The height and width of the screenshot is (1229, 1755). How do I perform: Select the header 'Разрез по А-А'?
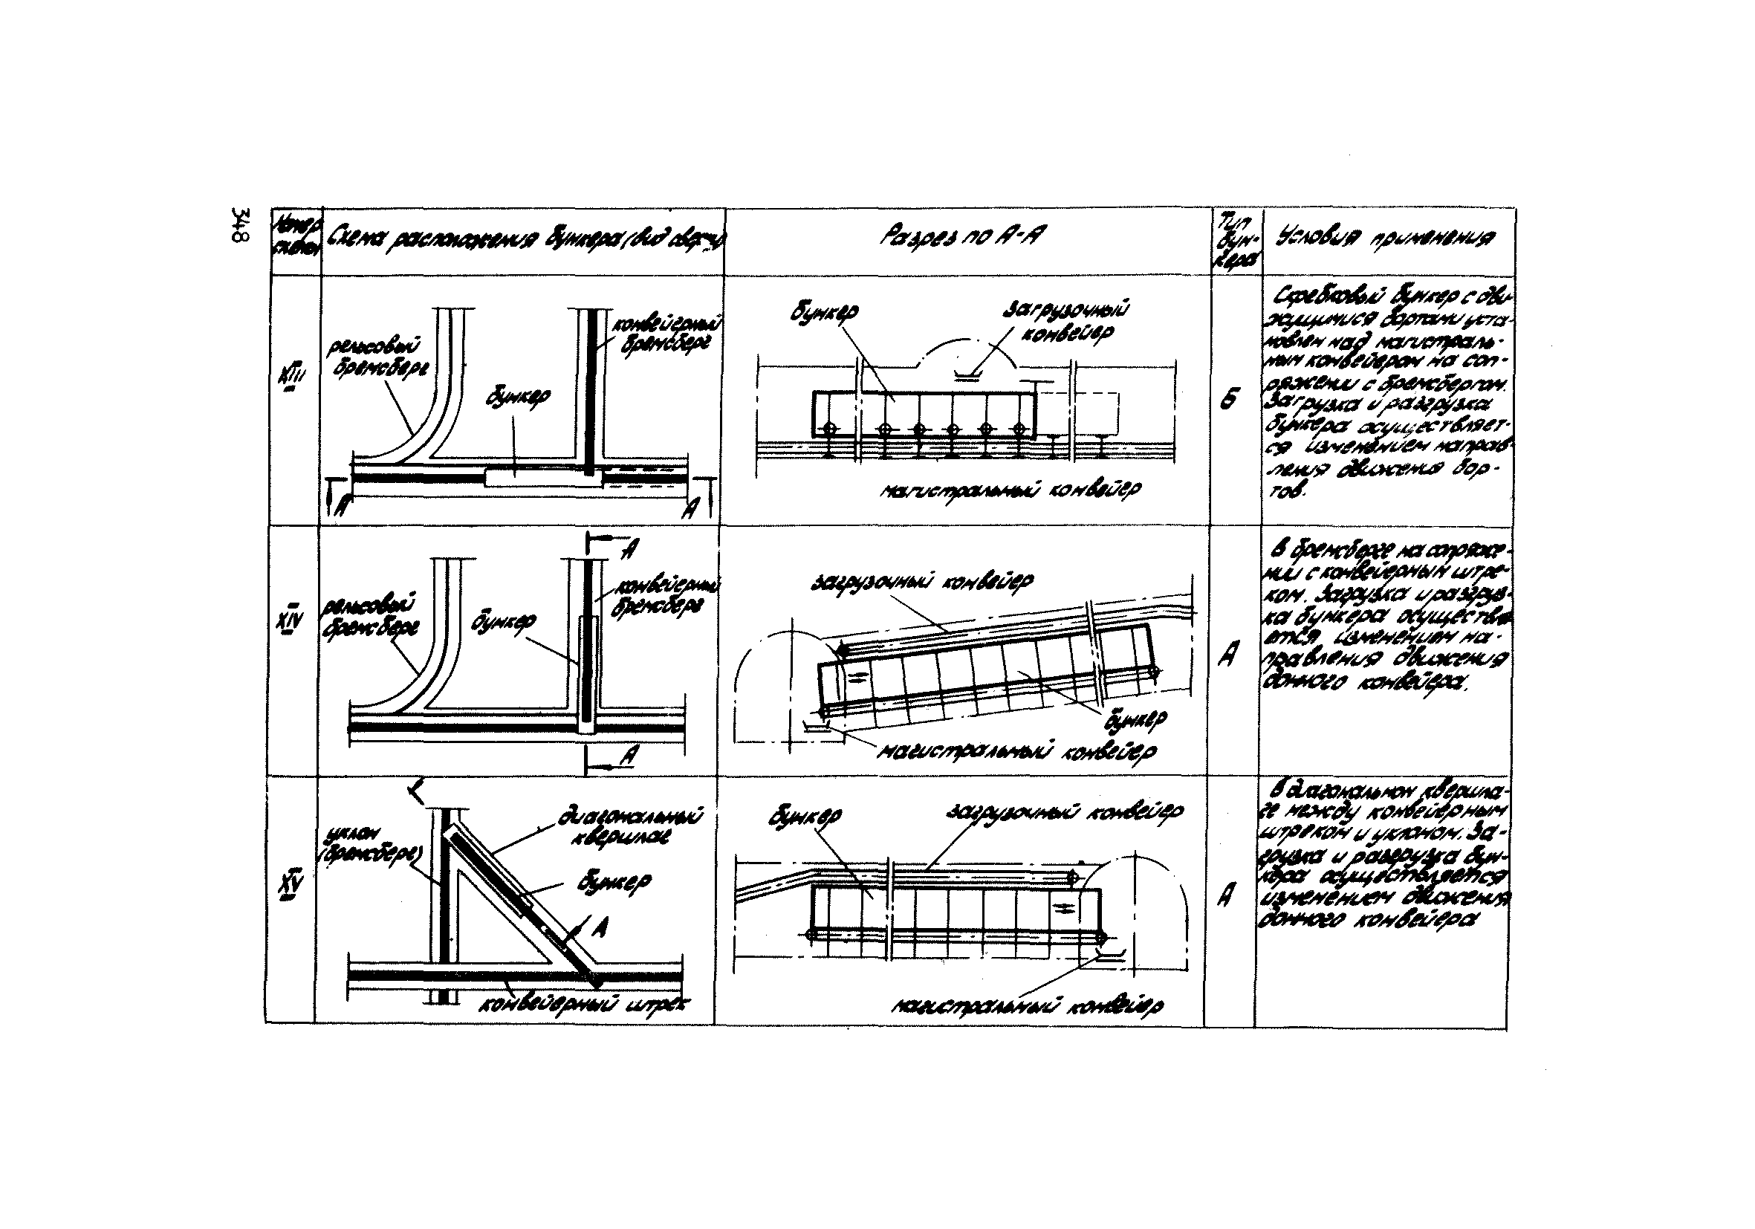(961, 238)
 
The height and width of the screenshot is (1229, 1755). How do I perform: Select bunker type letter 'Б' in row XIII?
(1229, 398)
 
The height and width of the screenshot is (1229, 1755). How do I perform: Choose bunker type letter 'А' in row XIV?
(1228, 653)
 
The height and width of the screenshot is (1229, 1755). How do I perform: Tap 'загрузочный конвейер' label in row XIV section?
(922, 583)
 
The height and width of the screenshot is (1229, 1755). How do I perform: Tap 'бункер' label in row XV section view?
(805, 817)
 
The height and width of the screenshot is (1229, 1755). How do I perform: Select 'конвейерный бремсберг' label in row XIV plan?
(666, 596)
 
